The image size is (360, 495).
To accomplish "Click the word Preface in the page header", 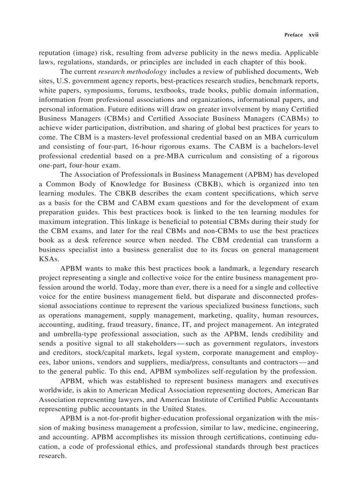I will [x=293, y=35].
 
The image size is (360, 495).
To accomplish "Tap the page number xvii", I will [x=313, y=35].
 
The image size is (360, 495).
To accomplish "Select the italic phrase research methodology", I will [x=132, y=71].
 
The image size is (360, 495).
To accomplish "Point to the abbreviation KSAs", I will [x=48, y=259].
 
